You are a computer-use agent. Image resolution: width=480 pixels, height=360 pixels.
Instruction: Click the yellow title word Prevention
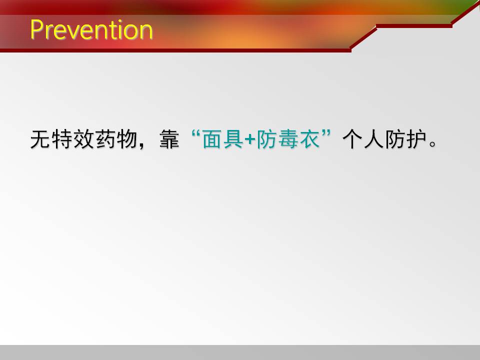(91, 29)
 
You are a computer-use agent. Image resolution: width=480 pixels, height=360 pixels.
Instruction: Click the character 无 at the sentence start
(40, 139)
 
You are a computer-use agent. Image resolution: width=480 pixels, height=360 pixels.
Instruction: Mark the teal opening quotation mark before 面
(195, 134)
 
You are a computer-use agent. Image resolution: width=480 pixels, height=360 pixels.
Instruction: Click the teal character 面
(212, 139)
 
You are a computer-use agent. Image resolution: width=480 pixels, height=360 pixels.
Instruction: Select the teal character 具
(234, 139)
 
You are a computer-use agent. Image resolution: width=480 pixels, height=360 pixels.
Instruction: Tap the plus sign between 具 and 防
(250, 140)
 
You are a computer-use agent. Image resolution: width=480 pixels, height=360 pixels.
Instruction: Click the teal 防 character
(266, 139)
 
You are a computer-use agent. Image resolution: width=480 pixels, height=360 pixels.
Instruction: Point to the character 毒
(288, 139)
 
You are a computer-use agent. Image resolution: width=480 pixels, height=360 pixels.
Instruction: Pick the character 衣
(309, 139)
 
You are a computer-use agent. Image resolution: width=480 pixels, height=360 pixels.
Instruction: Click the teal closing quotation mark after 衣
(326, 134)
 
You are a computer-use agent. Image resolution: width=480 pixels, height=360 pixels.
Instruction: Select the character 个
(352, 139)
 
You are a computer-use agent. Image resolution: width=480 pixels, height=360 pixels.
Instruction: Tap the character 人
(374, 139)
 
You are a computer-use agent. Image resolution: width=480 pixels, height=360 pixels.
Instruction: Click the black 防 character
(395, 139)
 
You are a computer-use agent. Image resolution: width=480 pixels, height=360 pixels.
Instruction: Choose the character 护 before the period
(417, 139)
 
